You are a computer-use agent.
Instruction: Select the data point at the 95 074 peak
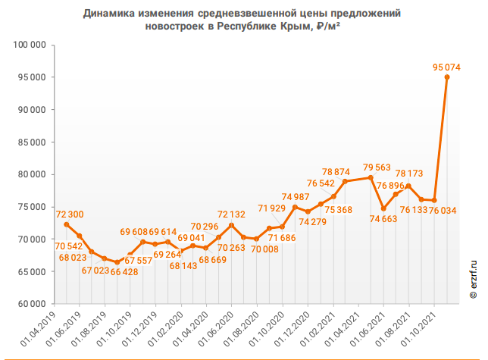447,77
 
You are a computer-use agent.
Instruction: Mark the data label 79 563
377,167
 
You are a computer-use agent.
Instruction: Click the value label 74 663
383,219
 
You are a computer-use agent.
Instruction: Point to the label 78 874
336,171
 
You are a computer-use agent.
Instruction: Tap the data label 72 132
231,215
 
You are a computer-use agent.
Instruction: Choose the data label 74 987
295,197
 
